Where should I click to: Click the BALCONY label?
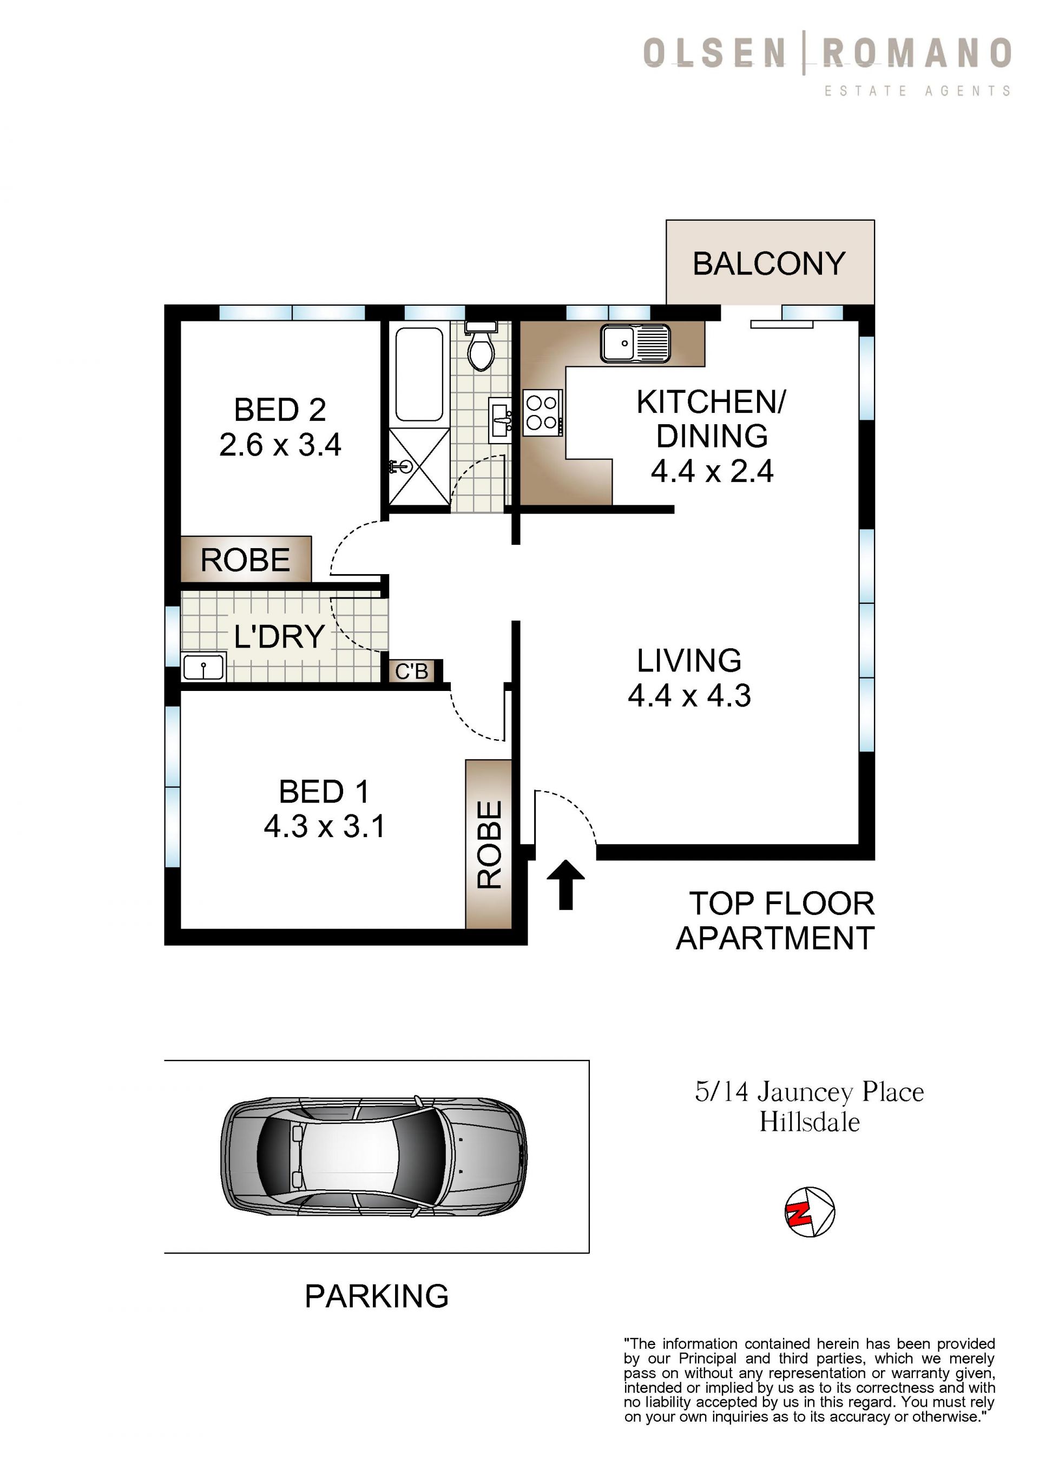pyautogui.click(x=769, y=264)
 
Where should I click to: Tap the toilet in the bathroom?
pyautogui.click(x=481, y=346)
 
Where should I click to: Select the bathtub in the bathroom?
pyautogui.click(x=418, y=374)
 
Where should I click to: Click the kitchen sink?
pyautogui.click(x=635, y=343)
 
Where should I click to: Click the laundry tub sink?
pyautogui.click(x=203, y=667)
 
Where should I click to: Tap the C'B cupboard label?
pyautogui.click(x=411, y=671)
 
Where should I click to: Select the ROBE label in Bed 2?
pyautogui.click(x=246, y=561)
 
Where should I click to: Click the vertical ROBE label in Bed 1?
pyautogui.click(x=489, y=845)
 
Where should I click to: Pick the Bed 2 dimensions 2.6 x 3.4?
pyautogui.click(x=280, y=445)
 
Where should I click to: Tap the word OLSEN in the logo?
pyautogui.click(x=715, y=53)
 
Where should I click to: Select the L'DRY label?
pyautogui.click(x=280, y=637)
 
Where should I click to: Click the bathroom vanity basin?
pyautogui.click(x=499, y=420)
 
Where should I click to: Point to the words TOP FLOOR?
pyautogui.click(x=782, y=904)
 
